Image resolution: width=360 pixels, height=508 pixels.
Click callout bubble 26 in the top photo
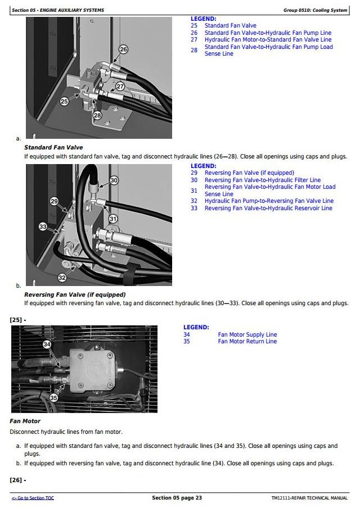click(x=123, y=49)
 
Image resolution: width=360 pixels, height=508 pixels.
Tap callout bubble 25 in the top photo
click(x=64, y=101)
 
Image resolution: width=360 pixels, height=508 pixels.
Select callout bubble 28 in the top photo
click(x=97, y=115)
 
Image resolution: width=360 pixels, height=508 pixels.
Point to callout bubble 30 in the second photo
click(x=114, y=180)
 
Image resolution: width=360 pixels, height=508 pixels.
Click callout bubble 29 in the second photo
click(x=54, y=201)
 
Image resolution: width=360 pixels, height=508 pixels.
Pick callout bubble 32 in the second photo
click(x=62, y=277)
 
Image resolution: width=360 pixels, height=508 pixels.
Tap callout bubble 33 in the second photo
click(x=43, y=226)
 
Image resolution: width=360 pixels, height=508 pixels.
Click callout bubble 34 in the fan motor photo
click(x=47, y=344)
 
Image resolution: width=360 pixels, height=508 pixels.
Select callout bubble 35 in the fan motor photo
click(x=53, y=397)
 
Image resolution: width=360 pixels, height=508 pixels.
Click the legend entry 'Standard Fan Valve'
click(x=230, y=26)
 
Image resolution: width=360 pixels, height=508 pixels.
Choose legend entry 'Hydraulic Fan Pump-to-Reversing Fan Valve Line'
click(x=269, y=201)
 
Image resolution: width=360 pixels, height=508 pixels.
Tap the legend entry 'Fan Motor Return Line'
click(x=247, y=341)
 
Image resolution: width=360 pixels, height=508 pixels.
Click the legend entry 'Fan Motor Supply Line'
click(x=247, y=334)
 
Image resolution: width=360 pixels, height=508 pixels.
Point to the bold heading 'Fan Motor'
click(x=25, y=421)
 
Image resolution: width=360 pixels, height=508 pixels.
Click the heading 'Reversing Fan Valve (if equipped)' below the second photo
click(x=75, y=294)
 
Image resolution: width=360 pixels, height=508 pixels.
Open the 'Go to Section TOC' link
click(x=33, y=498)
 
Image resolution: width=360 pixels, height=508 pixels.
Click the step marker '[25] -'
click(x=18, y=320)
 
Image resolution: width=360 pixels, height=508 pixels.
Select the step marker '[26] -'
click(x=18, y=480)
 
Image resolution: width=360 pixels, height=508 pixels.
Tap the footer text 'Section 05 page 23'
click(x=177, y=498)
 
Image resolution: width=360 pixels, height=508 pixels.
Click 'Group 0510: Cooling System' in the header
click(x=316, y=10)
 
